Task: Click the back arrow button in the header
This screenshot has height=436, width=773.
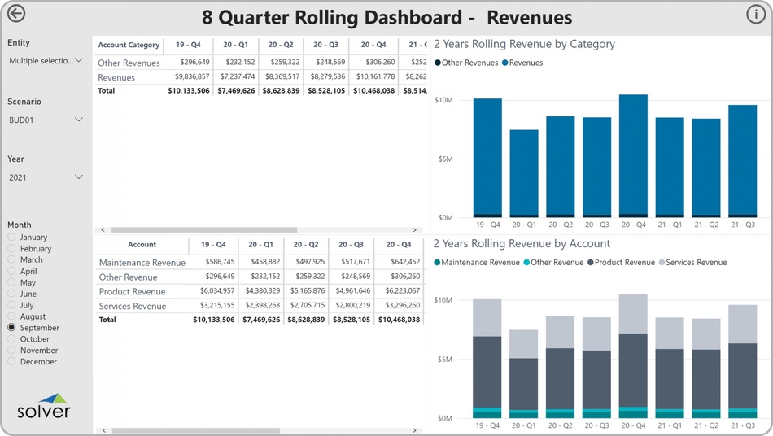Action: point(15,13)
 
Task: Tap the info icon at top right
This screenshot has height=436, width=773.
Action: point(755,15)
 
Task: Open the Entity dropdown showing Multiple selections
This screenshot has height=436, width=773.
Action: point(46,61)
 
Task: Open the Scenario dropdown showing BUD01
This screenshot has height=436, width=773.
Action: point(46,120)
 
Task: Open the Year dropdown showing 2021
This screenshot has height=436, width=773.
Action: point(46,177)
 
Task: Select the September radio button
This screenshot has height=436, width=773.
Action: point(11,328)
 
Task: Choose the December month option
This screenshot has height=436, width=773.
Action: point(11,362)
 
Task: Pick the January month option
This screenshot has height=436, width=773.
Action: point(11,238)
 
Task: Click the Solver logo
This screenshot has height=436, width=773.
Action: point(44,406)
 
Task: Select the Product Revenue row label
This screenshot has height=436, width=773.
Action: point(132,291)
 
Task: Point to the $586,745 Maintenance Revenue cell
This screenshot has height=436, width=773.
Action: point(215,262)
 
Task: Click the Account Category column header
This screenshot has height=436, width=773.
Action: point(129,45)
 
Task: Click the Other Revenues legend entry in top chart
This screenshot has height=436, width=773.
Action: point(469,63)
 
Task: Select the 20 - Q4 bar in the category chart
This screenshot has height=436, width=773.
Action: point(633,155)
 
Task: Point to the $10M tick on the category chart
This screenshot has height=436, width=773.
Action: point(443,100)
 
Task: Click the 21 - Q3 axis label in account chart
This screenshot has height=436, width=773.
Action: point(742,425)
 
